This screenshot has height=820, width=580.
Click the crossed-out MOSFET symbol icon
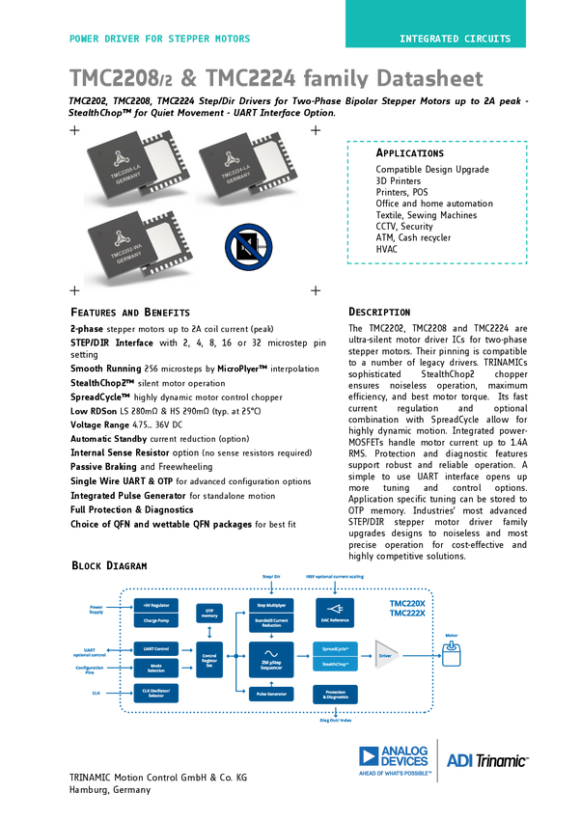tap(248, 247)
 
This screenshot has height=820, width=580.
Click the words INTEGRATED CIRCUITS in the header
tap(456, 40)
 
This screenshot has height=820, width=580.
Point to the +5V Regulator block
tap(156, 605)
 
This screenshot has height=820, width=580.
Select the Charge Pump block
tap(156, 620)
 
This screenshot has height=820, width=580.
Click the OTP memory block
tap(209, 612)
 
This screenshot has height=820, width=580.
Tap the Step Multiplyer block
tap(271, 603)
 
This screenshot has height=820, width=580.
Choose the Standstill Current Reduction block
tap(271, 622)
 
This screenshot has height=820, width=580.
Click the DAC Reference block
tap(334, 613)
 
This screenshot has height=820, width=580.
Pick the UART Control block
tap(156, 648)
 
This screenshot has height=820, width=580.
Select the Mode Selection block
tap(156, 667)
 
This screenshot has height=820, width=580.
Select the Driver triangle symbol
tap(387, 656)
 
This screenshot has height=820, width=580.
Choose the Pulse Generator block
tap(271, 693)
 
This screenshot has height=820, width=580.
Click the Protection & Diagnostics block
tap(335, 693)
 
